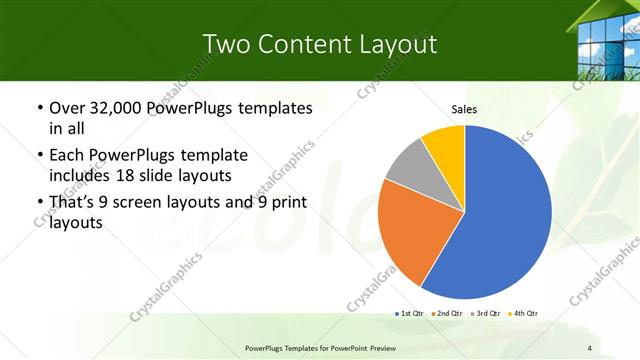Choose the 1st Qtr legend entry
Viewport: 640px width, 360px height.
tap(410, 314)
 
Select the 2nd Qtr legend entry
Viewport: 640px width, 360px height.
tap(446, 314)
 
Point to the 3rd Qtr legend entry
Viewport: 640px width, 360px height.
tap(484, 314)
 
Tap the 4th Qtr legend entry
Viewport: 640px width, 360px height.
tap(521, 314)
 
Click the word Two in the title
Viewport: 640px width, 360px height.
tap(225, 44)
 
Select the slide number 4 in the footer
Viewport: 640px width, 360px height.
tap(590, 348)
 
